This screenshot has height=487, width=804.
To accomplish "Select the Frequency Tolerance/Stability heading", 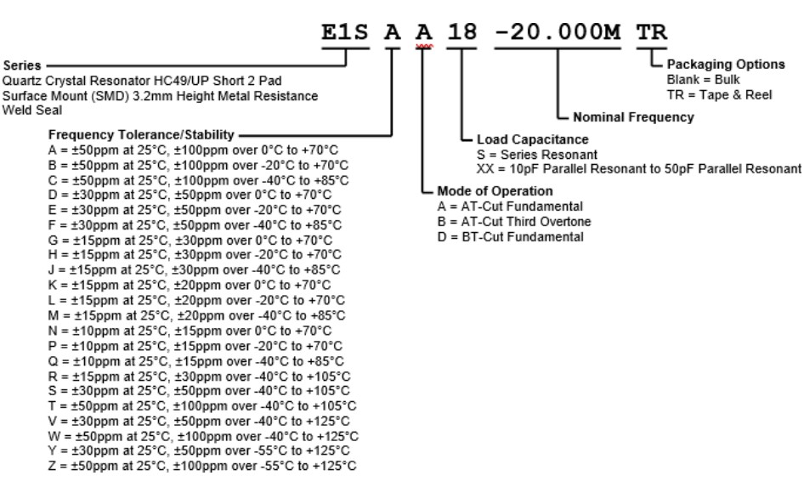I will [144, 135].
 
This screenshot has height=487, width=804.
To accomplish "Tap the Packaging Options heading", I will [713, 65].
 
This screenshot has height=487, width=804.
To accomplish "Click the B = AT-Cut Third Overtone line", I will [508, 222].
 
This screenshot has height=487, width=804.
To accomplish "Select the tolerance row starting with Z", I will [202, 467].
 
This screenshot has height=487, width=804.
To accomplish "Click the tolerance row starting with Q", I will [195, 360].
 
